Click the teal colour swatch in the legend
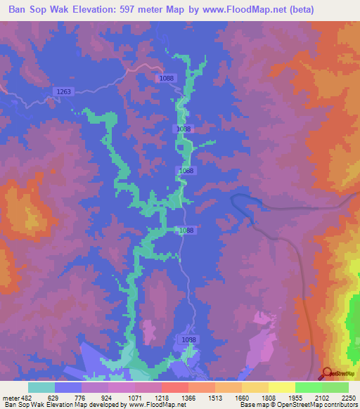coord(41,387)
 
